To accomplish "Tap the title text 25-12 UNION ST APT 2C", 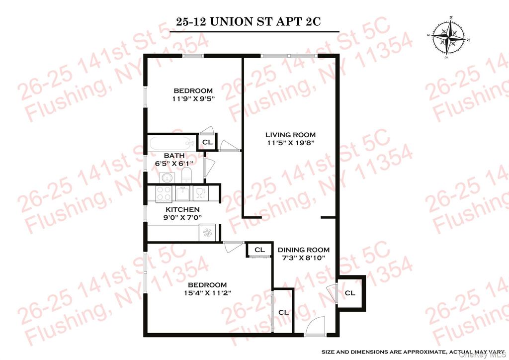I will click(x=248, y=22).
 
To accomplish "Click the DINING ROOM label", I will click(x=303, y=250).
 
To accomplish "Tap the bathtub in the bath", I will click(x=171, y=143).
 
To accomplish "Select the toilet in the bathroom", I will click(x=187, y=175).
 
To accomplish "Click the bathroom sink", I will click(x=166, y=177).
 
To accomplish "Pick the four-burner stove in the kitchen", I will click(x=164, y=193).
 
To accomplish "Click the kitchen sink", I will click(x=182, y=193).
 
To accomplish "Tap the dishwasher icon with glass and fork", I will click(x=200, y=193).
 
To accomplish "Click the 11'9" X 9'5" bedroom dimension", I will click(x=193, y=99).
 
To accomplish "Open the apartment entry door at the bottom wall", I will click(x=314, y=327).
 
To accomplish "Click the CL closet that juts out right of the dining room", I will click(x=350, y=293).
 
